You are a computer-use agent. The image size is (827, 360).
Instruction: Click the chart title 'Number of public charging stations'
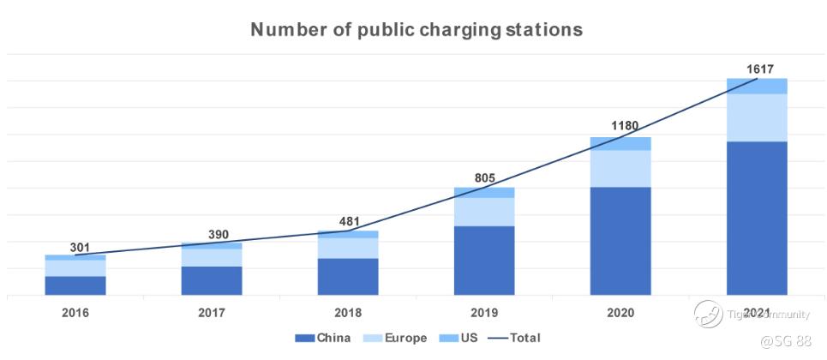pos(416,30)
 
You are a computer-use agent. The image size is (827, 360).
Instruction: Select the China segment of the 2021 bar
pos(757,218)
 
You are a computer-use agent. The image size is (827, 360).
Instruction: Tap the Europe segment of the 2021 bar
pos(757,117)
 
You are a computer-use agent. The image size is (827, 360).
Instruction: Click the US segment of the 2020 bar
pos(620,143)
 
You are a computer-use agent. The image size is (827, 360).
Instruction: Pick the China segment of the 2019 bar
pos(484,261)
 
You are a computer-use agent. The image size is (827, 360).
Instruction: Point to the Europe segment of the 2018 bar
pos(348,248)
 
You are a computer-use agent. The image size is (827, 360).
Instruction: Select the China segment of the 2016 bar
pos(75,285)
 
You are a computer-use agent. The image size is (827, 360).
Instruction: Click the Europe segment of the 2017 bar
pos(212,257)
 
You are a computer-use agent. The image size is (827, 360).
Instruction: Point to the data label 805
pos(485,178)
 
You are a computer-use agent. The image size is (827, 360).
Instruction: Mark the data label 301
pos(80,248)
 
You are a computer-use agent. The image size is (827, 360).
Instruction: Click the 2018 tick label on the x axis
pos(348,313)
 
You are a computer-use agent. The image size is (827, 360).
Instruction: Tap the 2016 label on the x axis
pos(75,313)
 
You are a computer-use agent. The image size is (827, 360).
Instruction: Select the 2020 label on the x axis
pos(620,313)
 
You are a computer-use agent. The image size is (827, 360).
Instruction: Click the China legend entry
pos(327,339)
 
